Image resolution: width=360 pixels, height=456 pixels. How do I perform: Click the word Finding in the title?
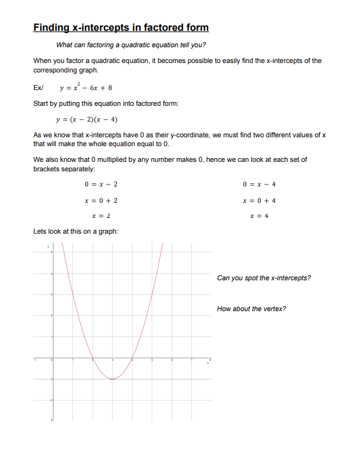pos(50,28)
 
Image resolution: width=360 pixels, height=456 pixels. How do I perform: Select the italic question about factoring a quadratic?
pos(131,45)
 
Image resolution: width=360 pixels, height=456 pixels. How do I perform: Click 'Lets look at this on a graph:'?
pos(75,232)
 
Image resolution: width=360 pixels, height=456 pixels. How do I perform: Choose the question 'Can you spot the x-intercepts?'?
pos(263,278)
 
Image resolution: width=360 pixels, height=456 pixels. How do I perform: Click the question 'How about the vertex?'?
pos(251,309)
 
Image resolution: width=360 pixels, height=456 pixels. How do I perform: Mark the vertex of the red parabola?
pos(112,379)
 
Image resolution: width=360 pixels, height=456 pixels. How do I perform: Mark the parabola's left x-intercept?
pos(93,359)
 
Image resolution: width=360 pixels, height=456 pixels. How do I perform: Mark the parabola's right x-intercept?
pos(132,359)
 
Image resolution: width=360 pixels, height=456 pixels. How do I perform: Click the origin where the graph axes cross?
pos(52,359)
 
